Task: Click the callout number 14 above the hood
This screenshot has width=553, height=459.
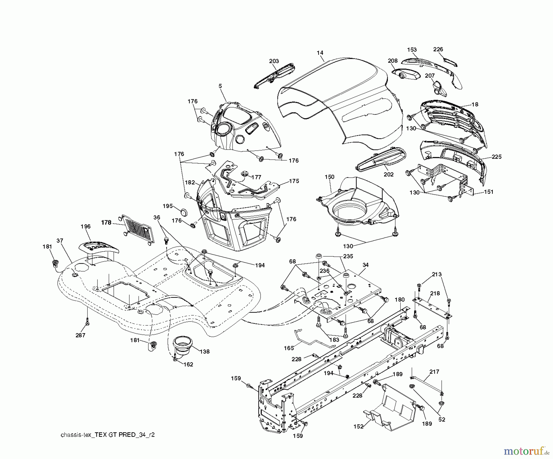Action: click(x=320, y=53)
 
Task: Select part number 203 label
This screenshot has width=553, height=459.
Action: click(x=274, y=61)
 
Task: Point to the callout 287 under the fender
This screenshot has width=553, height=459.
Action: click(x=80, y=335)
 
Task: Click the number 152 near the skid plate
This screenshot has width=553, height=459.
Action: click(x=358, y=426)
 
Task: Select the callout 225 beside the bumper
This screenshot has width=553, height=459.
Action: click(x=496, y=157)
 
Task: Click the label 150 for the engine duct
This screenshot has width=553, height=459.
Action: click(x=329, y=177)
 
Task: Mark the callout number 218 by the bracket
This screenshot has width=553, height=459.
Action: click(x=435, y=293)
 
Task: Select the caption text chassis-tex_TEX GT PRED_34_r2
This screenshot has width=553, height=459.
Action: click(x=108, y=435)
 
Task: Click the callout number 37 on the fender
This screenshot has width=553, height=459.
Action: click(x=60, y=241)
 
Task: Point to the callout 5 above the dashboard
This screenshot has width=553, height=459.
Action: click(x=220, y=86)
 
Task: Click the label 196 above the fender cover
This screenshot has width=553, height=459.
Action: click(x=86, y=226)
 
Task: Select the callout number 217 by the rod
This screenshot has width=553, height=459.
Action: click(x=434, y=372)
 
